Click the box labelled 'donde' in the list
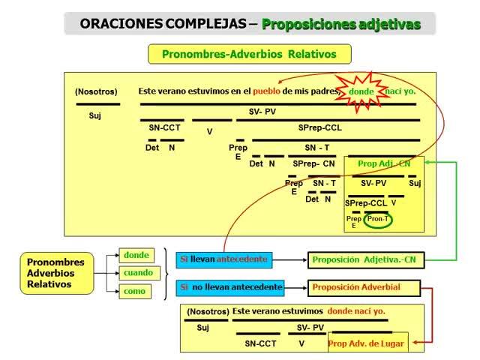[x=136, y=255]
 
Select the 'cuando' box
[x=138, y=273]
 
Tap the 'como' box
[x=136, y=291]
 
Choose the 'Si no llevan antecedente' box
[x=230, y=287]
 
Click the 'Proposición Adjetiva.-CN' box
[x=363, y=259]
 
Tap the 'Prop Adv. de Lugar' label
[x=367, y=344]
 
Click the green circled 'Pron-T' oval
[x=377, y=219]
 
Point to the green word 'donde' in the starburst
[x=361, y=91]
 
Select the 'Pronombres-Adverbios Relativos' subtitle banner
[x=250, y=54]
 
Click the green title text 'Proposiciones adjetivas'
[x=341, y=24]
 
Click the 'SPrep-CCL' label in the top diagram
[x=319, y=127]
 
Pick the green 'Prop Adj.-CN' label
[x=384, y=163]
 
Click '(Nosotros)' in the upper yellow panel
[x=96, y=91]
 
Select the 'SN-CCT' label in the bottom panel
[x=260, y=343]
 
